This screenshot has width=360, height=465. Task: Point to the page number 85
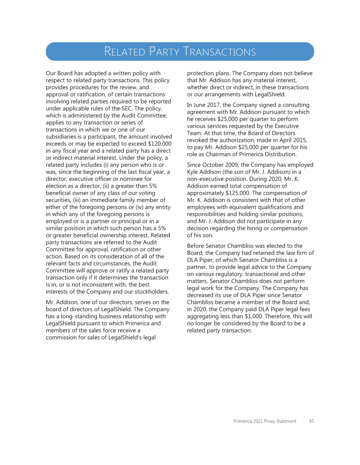pos(311,421)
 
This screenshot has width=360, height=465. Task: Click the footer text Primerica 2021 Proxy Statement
pos(265,421)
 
